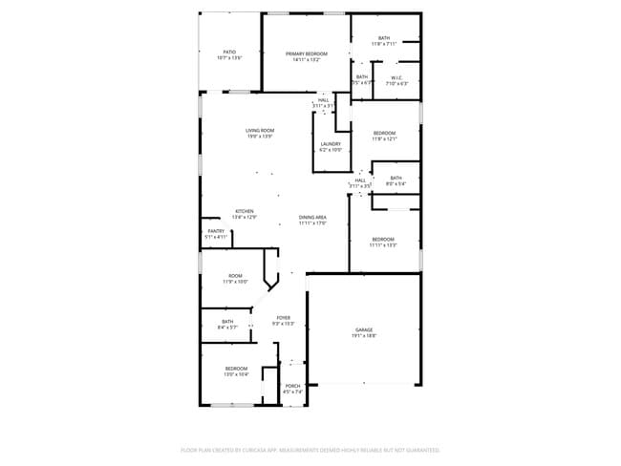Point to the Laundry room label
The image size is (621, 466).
(x=331, y=146)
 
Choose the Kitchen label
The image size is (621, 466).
(x=245, y=213)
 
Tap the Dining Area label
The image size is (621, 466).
(x=312, y=220)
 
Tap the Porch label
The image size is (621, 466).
(x=292, y=388)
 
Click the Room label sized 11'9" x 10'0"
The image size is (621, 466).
(x=235, y=278)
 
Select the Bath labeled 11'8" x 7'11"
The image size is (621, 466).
(x=383, y=40)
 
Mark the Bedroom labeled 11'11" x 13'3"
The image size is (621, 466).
(x=382, y=241)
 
